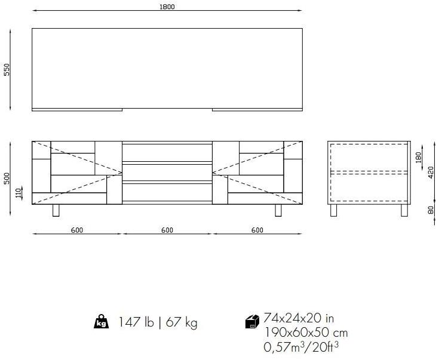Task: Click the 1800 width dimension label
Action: [167, 7]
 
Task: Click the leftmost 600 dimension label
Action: [76, 230]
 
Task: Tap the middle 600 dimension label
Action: [167, 230]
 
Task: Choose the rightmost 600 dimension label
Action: [257, 230]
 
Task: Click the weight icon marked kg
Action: [101, 322]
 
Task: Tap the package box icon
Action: [252, 322]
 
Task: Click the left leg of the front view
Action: [56, 210]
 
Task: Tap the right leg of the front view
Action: [278, 210]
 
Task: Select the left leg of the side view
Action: [334, 210]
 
